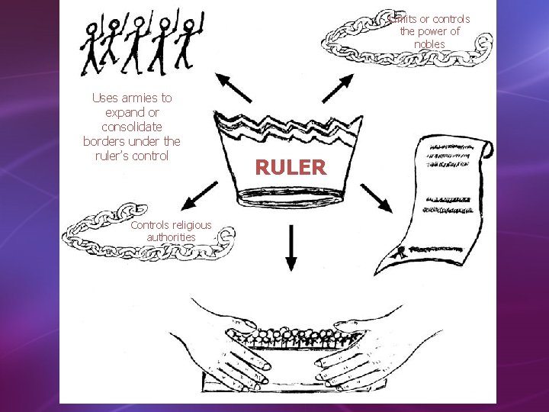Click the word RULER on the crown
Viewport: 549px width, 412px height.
[291, 167]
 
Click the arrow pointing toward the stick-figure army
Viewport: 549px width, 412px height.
[233, 88]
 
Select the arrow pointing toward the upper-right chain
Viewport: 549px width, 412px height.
[336, 89]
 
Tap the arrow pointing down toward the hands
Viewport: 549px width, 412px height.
[291, 248]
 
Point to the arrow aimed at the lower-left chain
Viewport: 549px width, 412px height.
[201, 196]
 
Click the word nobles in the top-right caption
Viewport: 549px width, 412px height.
[429, 44]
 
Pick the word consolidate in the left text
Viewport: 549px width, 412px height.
[132, 127]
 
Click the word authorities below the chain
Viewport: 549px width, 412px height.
[172, 237]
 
